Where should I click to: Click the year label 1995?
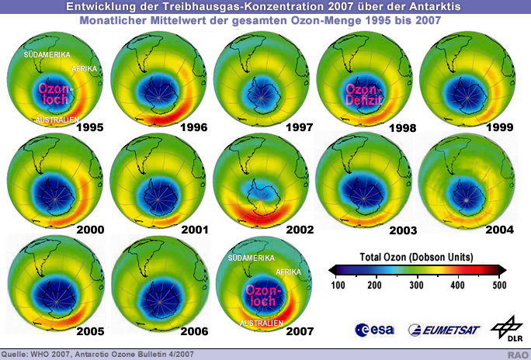[89, 127]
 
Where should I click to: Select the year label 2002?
[297, 230]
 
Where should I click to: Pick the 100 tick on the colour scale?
[338, 286]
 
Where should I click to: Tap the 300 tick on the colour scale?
[417, 286]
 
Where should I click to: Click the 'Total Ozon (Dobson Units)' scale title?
[416, 256]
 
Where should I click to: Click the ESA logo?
[372, 330]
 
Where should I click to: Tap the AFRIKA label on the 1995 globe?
[83, 69]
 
